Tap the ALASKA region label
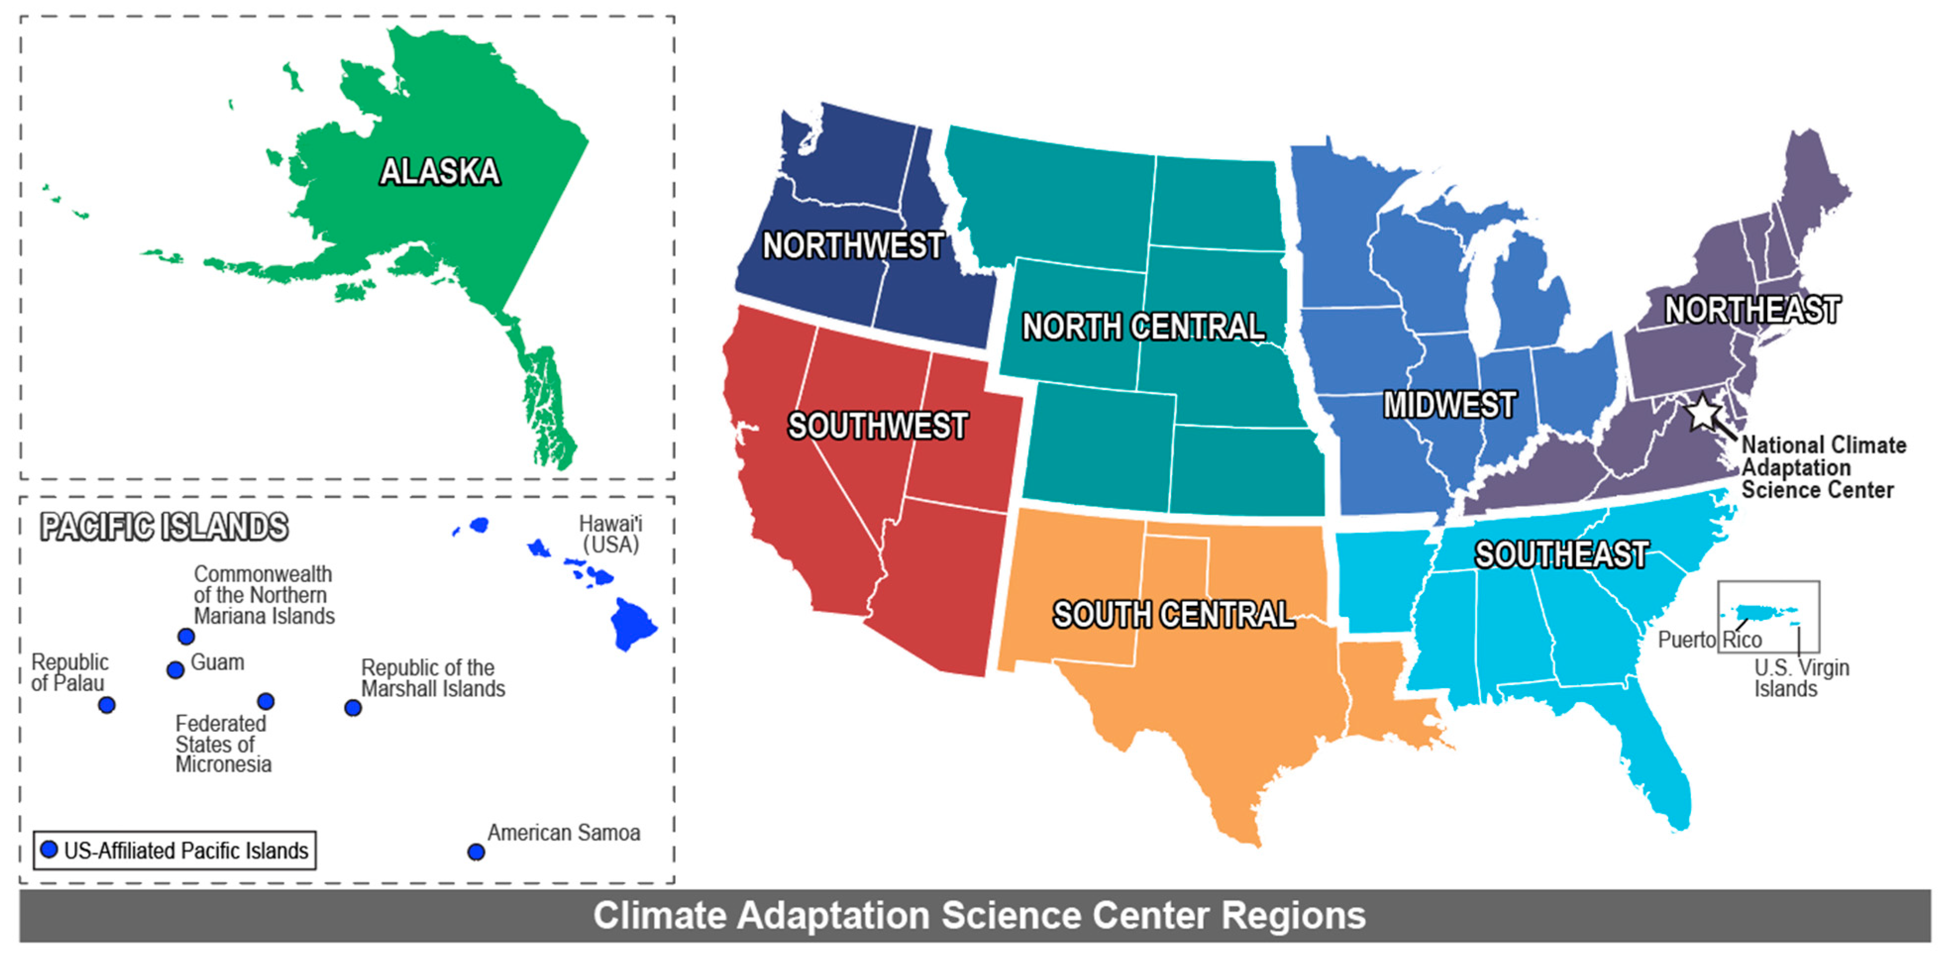pos(439,172)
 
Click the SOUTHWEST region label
pos(877,426)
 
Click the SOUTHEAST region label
pos(1561,555)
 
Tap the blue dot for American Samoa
pos(476,852)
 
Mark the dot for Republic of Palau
pos(106,705)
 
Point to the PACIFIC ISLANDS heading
pos(164,527)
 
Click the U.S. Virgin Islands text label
pos(1801,678)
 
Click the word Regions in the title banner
pos(1293,915)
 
